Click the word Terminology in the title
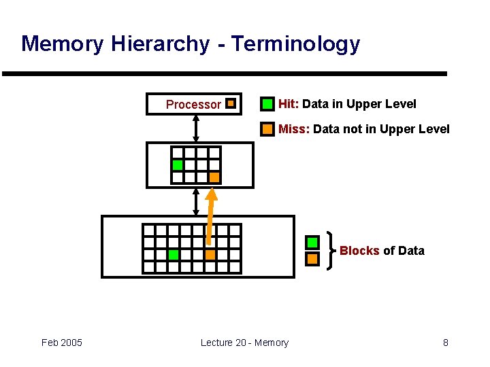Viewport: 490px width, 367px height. point(295,44)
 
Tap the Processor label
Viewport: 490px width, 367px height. point(193,105)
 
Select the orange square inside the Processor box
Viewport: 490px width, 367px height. point(231,104)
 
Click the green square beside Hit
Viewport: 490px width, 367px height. point(268,104)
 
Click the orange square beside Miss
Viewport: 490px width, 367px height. point(268,128)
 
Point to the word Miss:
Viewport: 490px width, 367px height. point(294,129)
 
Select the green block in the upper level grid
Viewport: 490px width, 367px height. point(178,165)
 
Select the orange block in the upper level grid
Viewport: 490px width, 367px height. point(214,177)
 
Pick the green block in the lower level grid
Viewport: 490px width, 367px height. point(173,255)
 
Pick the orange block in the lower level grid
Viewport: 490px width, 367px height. point(210,255)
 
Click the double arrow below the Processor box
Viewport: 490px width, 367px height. point(196,128)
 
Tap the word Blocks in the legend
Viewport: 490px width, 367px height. point(359,251)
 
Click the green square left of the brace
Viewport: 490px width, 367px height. point(312,243)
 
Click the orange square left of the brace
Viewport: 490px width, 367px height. point(312,259)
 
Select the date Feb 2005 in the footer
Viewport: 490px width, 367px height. point(62,343)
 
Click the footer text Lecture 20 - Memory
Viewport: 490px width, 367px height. point(244,343)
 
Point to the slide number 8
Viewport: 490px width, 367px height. point(446,343)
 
